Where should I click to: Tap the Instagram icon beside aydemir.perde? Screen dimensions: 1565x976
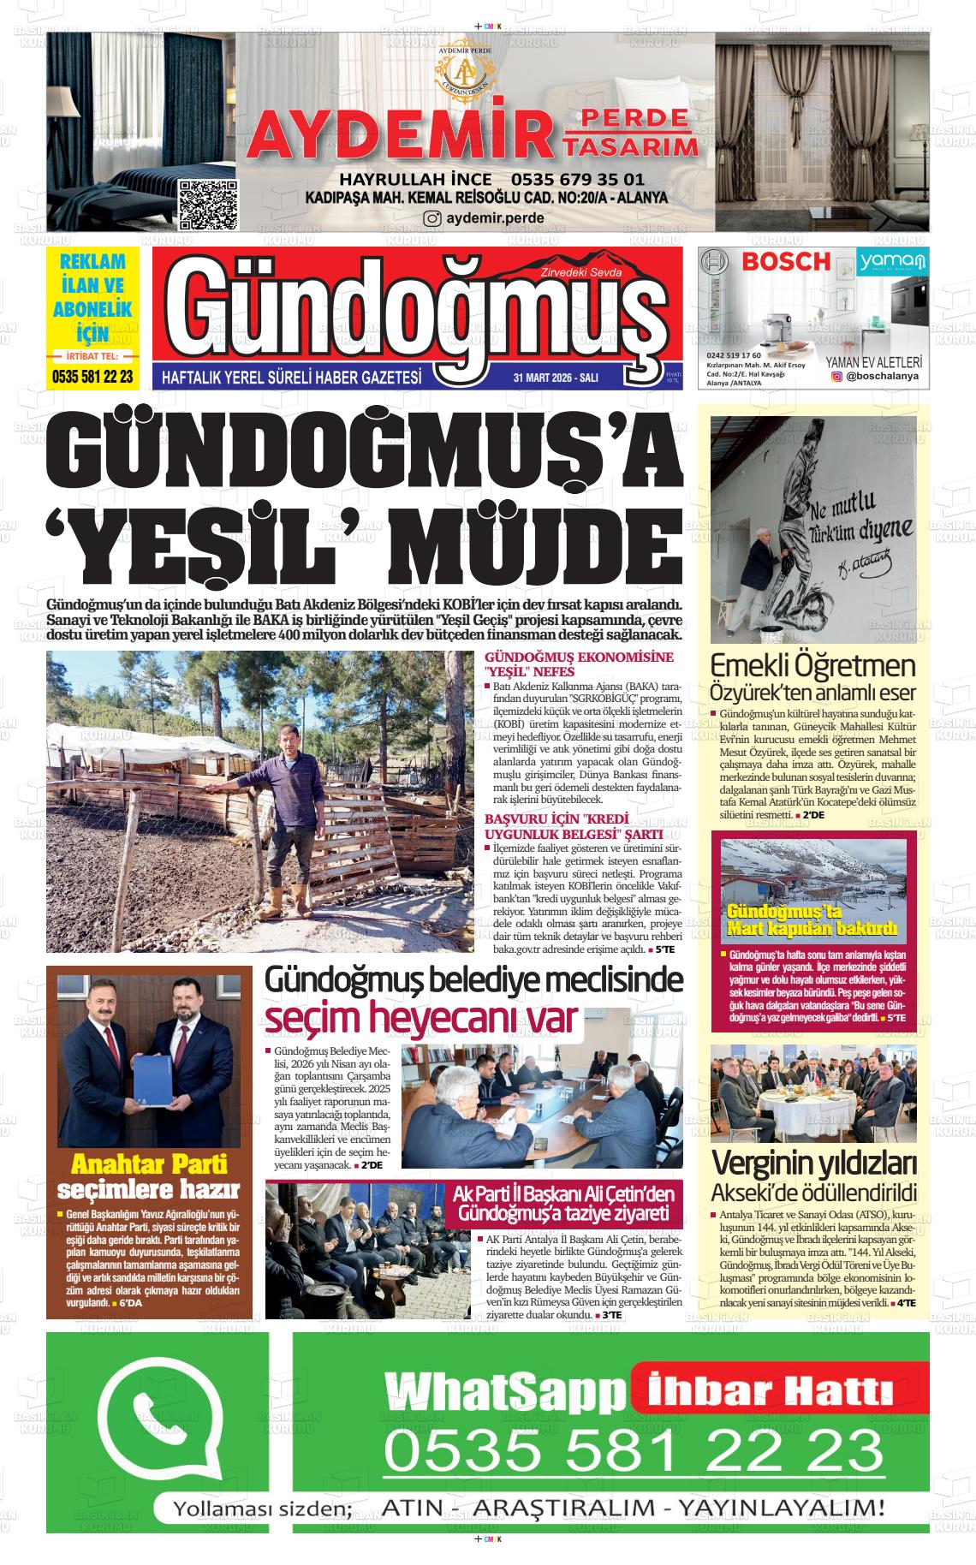pos(433,218)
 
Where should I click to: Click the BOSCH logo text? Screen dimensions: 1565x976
pos(785,261)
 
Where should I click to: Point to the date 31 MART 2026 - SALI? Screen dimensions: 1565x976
pos(556,378)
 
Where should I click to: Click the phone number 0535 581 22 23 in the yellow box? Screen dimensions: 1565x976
pos(92,376)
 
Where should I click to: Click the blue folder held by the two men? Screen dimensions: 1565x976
pos(154,1083)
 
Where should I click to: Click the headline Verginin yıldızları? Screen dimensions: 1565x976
pos(814,1163)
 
